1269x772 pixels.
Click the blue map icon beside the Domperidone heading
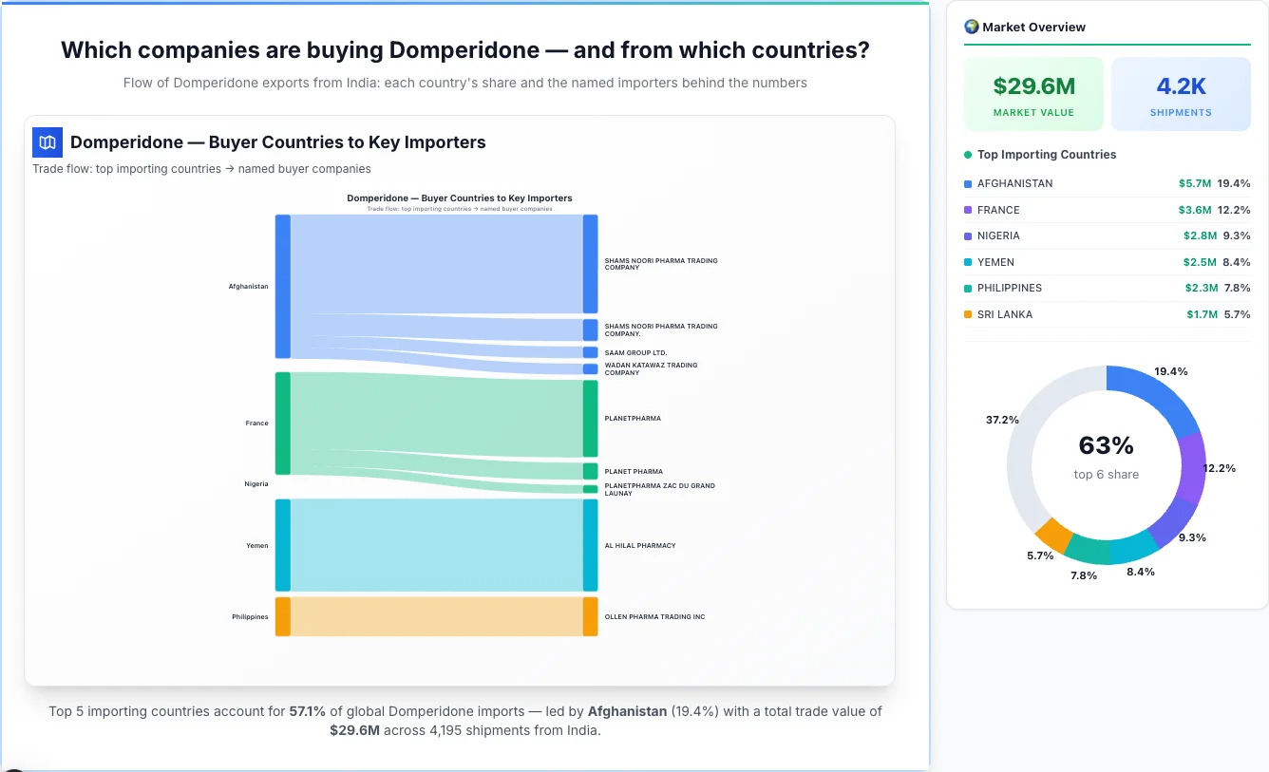pyautogui.click(x=47, y=142)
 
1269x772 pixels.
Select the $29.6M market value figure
pyautogui.click(x=1033, y=86)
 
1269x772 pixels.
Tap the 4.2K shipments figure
pyautogui.click(x=1181, y=86)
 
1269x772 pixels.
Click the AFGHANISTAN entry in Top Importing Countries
pyautogui.click(x=1014, y=183)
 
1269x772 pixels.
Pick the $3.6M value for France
pyautogui.click(x=1195, y=210)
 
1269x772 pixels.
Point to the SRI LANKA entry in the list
pyautogui.click(x=1004, y=314)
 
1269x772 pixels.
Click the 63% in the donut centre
pyautogui.click(x=1107, y=445)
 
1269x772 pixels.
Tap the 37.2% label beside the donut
pyautogui.click(x=1002, y=420)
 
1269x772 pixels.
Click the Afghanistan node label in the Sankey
pyautogui.click(x=248, y=287)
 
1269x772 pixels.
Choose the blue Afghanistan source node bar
pyautogui.click(x=283, y=286)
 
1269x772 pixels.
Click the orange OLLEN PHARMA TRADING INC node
pyautogui.click(x=591, y=616)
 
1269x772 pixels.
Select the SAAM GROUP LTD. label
pyautogui.click(x=635, y=353)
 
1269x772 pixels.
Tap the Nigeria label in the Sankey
pyautogui.click(x=256, y=484)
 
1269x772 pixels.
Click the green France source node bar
pyautogui.click(x=283, y=424)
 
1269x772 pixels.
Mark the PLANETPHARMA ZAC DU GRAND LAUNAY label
pyautogui.click(x=659, y=490)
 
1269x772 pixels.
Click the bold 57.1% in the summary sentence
pyautogui.click(x=307, y=711)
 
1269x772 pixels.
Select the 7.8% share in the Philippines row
pyautogui.click(x=1237, y=288)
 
